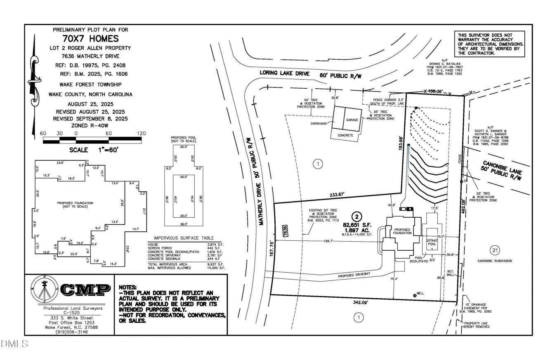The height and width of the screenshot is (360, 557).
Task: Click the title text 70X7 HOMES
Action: pos(90,39)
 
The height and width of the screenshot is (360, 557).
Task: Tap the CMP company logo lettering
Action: pos(85,290)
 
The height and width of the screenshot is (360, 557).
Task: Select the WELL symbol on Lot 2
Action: pos(415,295)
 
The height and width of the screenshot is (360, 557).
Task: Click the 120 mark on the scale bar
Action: pos(141,134)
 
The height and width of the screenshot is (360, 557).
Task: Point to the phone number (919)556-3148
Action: pos(69,331)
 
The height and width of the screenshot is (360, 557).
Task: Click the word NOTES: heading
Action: pos(127,287)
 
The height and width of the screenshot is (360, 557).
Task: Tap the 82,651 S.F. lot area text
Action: pos(357,225)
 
